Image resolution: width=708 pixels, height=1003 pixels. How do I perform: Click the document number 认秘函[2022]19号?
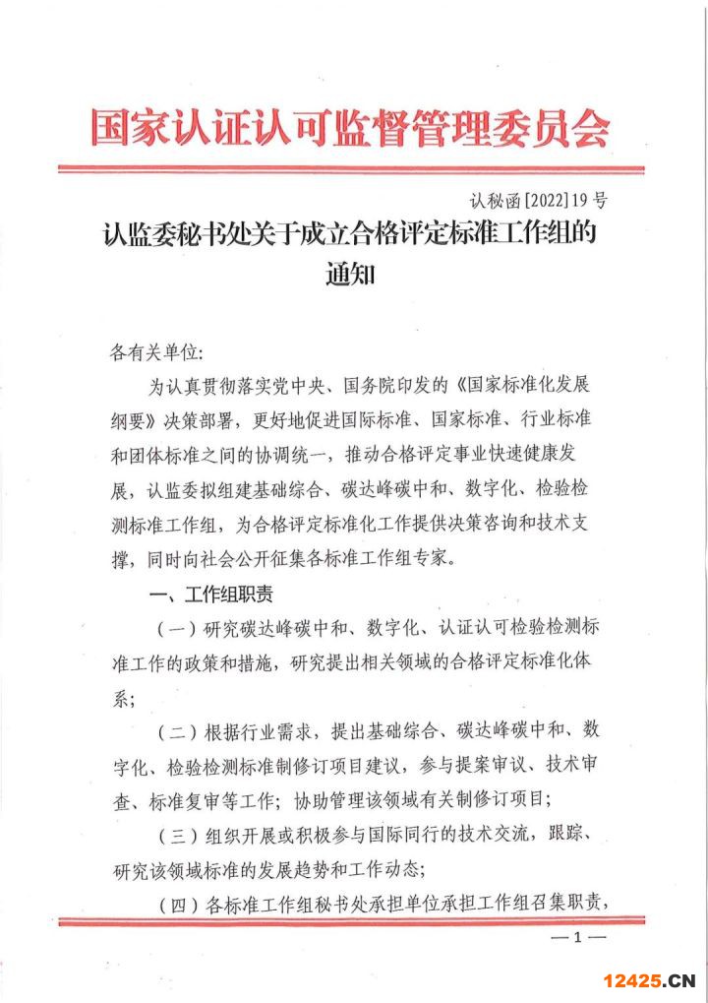point(539,202)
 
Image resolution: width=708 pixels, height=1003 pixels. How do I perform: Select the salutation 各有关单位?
point(156,350)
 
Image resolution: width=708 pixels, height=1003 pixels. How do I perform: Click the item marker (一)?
point(177,629)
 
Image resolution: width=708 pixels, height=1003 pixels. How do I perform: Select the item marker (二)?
point(177,731)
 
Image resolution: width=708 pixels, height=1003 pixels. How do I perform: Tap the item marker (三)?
point(177,835)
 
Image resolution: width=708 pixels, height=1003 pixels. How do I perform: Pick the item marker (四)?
point(177,903)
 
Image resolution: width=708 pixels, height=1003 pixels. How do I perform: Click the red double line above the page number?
point(351,920)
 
